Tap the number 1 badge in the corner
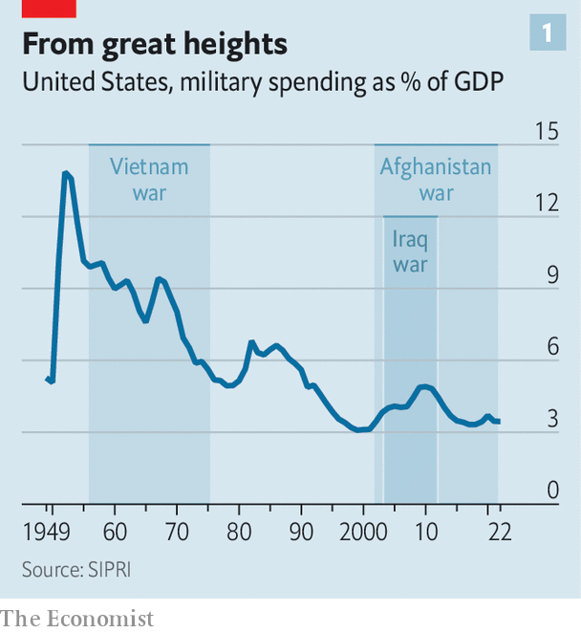click(x=548, y=34)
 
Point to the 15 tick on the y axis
click(x=546, y=131)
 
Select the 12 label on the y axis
click(x=546, y=203)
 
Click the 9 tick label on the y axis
click(x=551, y=275)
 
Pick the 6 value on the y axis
click(x=551, y=347)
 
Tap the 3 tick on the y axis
click(x=551, y=419)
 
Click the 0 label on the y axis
click(x=551, y=491)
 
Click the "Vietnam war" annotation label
click(x=149, y=180)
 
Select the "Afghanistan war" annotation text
click(x=436, y=180)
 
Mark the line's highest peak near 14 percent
click(x=66, y=173)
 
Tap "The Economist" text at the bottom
click(x=76, y=619)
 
